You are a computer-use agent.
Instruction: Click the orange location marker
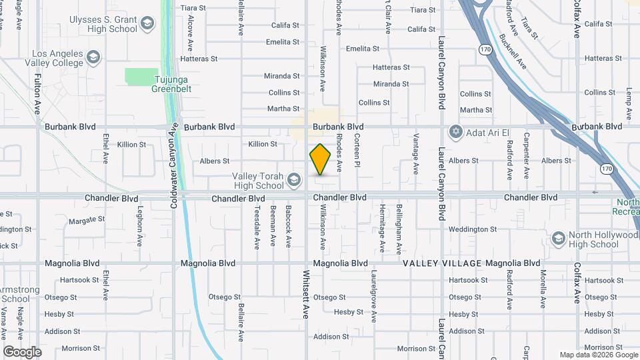point(321,159)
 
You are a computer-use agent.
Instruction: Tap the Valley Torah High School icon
point(295,179)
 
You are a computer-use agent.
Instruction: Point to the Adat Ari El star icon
point(456,130)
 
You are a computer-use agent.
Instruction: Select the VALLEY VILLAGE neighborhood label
point(442,263)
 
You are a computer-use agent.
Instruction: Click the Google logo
point(22,351)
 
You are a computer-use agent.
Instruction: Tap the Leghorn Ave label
point(140,227)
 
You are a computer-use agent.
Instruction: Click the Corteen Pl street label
point(357,149)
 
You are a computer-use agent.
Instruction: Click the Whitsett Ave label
point(306,293)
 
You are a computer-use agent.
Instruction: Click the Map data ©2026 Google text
point(598,355)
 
